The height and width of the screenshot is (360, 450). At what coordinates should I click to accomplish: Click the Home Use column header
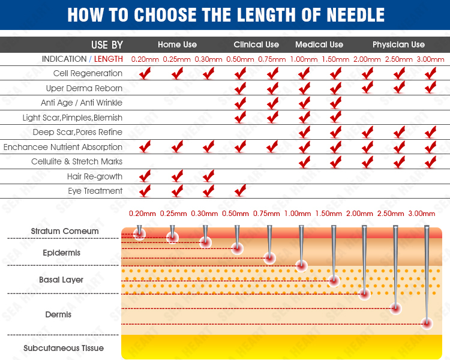[177, 44]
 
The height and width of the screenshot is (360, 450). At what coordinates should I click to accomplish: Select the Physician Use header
[398, 44]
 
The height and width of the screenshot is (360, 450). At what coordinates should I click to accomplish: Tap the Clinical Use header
[256, 44]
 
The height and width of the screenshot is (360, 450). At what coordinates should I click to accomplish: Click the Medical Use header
[319, 44]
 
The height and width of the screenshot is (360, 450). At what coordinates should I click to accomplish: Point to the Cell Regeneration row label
[88, 73]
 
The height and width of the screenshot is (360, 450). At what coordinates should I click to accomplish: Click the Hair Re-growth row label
[95, 176]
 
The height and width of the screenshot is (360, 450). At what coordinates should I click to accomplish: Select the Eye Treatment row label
[95, 191]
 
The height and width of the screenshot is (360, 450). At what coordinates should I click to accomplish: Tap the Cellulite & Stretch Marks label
[77, 161]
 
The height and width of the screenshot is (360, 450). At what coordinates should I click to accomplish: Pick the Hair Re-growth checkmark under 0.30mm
[208, 176]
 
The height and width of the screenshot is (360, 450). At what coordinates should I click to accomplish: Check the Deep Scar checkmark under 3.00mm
[430, 132]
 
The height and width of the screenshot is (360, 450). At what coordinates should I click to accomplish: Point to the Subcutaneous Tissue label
[64, 348]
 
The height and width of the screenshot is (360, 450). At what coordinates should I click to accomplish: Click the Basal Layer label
[61, 280]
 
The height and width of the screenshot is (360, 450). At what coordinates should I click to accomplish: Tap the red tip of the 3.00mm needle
[427, 323]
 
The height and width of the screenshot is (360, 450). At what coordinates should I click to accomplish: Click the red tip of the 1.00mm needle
[301, 265]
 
